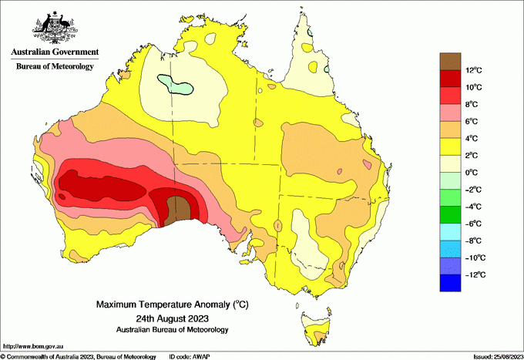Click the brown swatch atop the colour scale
pos(450,60)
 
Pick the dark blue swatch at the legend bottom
pos(450,283)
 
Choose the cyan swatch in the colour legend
pos(450,232)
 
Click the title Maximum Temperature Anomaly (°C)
pos(172,305)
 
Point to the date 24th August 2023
pos(172,318)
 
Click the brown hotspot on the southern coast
pos(180,208)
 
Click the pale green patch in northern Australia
pos(173,84)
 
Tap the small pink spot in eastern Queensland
pos(370,164)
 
